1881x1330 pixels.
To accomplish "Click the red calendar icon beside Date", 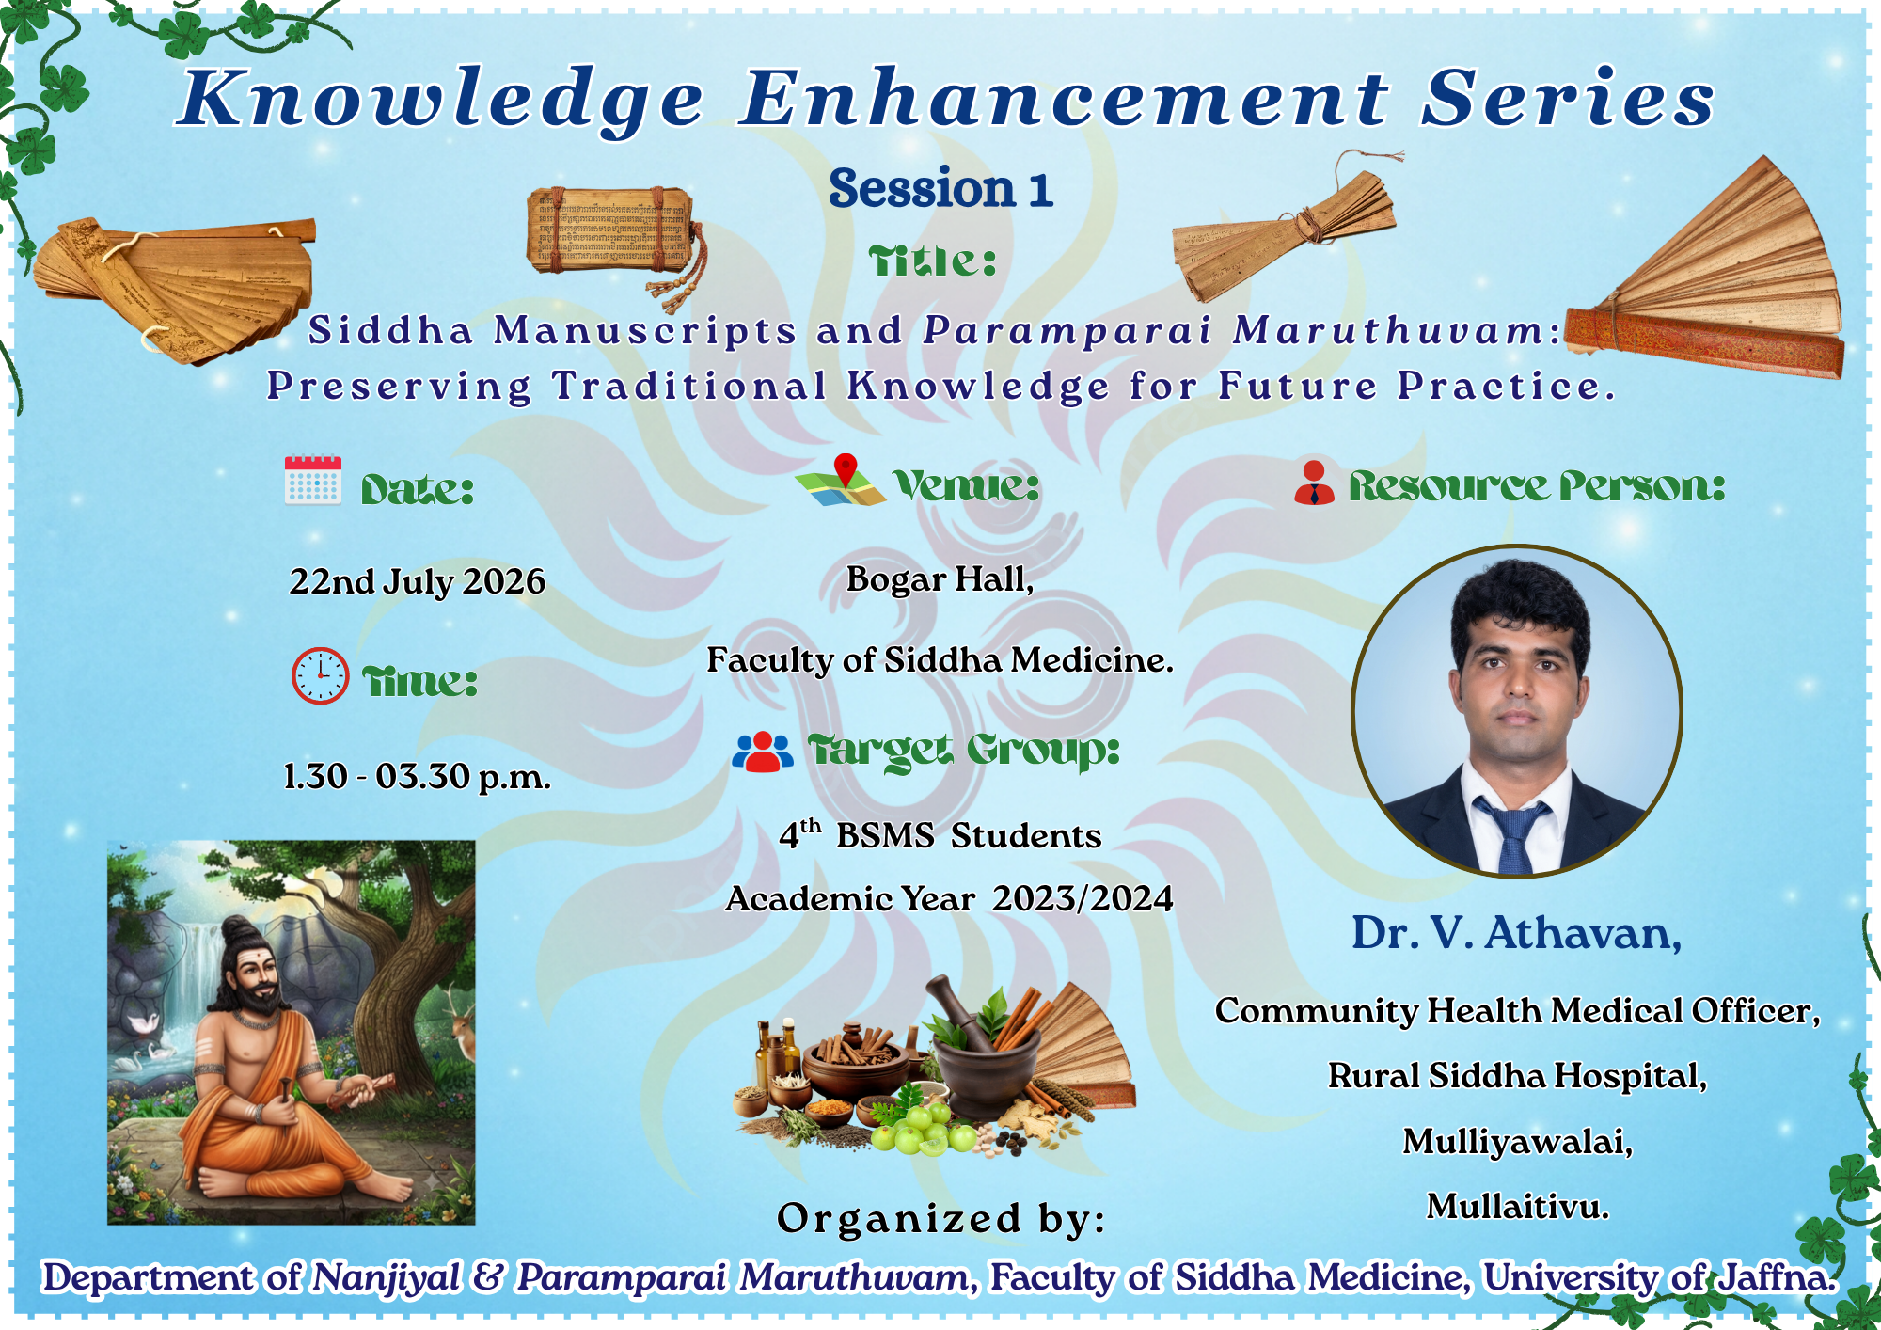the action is [x=313, y=481].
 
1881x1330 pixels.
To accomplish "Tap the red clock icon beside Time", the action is [x=320, y=675].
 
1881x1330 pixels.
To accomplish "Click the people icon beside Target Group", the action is [x=763, y=752].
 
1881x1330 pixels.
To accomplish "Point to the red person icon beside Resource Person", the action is [x=1314, y=482].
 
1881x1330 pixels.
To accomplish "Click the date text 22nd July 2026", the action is [x=417, y=581].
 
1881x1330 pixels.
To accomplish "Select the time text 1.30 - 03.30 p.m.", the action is [x=417, y=777].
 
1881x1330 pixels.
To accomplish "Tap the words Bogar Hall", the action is [x=940, y=579].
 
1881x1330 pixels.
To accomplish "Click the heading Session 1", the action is [x=940, y=188].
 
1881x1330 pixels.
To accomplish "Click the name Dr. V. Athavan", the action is [x=1516, y=933].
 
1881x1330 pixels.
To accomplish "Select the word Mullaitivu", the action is [x=1517, y=1206].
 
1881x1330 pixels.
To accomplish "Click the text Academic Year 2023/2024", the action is [x=949, y=899].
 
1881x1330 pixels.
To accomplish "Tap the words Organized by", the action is [x=941, y=1218].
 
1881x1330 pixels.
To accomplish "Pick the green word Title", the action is [x=932, y=261].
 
